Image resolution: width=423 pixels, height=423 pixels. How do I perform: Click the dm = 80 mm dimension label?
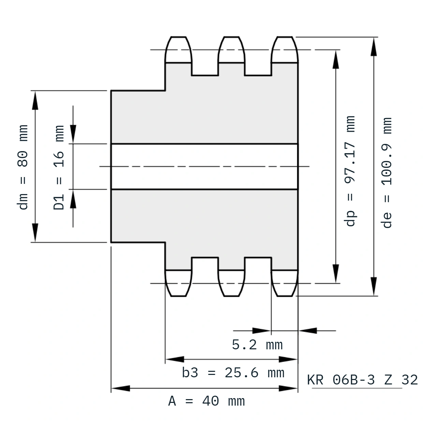pyautogui.click(x=23, y=167)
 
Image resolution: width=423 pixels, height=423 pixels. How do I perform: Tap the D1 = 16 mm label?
pyautogui.click(x=59, y=167)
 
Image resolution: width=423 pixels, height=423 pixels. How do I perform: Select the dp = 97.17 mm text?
pyautogui.click(x=349, y=171)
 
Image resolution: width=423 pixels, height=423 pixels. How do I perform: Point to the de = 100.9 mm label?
pyautogui.click(x=386, y=173)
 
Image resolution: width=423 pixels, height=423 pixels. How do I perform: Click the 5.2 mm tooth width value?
pyautogui.click(x=257, y=345)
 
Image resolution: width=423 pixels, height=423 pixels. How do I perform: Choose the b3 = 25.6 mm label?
pyautogui.click(x=233, y=373)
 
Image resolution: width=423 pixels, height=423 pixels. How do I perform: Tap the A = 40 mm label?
pyautogui.click(x=206, y=401)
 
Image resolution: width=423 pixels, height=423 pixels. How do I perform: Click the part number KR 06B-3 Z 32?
pyautogui.click(x=362, y=380)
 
